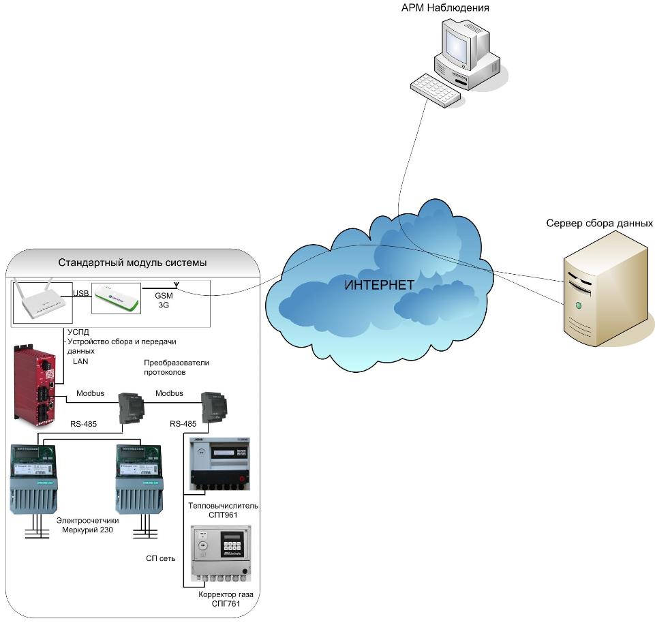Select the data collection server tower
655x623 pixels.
point(605,287)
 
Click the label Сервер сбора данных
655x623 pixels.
point(600,224)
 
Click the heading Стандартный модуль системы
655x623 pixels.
point(132,262)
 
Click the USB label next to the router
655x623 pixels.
point(81,294)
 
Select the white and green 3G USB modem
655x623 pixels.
point(117,297)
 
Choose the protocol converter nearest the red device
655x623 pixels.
point(131,407)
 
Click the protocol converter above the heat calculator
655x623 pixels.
point(213,407)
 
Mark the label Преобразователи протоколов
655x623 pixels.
point(176,368)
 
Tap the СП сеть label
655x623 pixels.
point(161,558)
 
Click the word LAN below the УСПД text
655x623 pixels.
point(80,361)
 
